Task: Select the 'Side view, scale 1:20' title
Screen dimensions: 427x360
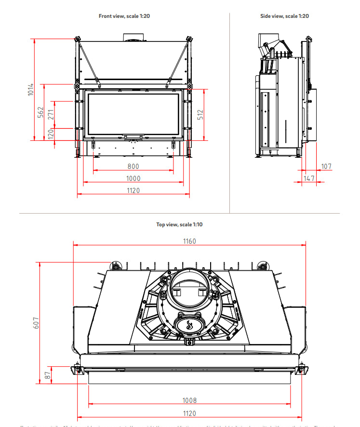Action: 284,16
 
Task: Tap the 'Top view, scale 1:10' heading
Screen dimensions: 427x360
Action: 179,224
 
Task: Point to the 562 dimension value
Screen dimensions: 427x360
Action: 41,112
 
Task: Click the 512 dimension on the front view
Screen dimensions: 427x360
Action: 200,115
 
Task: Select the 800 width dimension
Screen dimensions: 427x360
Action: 133,166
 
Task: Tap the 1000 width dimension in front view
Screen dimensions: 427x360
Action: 133,179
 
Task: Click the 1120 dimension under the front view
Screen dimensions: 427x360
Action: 133,191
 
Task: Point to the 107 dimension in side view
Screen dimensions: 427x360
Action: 326,166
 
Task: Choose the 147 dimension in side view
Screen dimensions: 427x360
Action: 309,179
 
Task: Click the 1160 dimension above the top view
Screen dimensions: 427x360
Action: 189,241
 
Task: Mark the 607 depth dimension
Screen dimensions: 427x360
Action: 36,323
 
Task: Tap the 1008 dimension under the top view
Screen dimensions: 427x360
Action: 189,400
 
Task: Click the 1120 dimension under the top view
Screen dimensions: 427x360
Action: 189,413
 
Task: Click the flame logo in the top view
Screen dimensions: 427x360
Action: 189,325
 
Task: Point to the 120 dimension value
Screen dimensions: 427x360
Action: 51,134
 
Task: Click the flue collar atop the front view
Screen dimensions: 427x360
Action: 133,38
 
